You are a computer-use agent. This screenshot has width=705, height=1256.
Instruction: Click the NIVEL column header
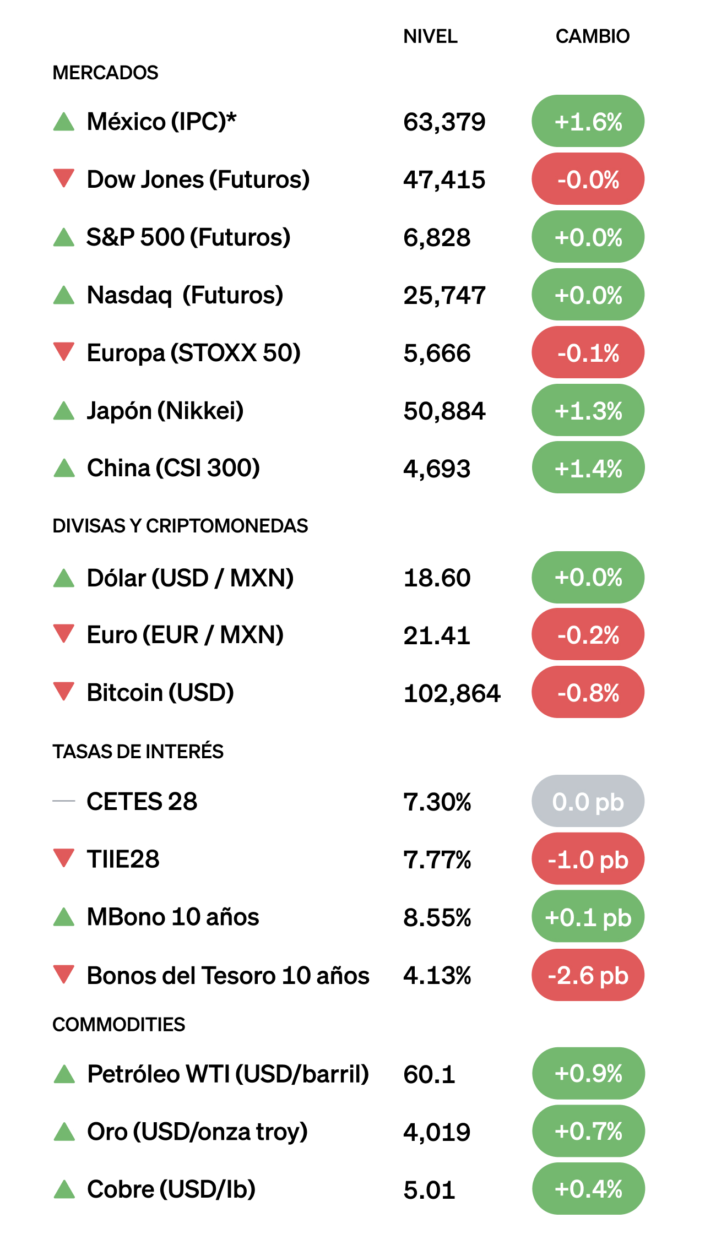click(430, 36)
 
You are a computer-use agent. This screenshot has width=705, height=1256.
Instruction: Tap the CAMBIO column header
click(592, 36)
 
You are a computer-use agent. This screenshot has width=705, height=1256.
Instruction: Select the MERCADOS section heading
click(105, 73)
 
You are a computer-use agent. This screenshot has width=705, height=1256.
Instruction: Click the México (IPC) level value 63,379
click(444, 122)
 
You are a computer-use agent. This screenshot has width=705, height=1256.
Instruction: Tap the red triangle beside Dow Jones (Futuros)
click(64, 178)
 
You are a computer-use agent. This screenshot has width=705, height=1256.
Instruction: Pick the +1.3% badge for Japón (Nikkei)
click(588, 411)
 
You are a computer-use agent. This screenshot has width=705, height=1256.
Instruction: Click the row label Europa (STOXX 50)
click(193, 353)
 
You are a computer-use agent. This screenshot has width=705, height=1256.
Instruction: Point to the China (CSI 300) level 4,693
click(437, 469)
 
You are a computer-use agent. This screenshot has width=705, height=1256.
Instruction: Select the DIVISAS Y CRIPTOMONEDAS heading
click(180, 526)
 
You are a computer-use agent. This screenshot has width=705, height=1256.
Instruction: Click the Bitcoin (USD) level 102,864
click(452, 693)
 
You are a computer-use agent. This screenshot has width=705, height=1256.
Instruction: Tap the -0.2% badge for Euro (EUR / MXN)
click(588, 635)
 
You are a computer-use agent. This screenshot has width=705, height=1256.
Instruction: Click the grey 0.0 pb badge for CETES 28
click(588, 802)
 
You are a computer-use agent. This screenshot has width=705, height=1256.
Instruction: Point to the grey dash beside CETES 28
click(64, 801)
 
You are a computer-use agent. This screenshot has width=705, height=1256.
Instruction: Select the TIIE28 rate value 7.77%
click(437, 860)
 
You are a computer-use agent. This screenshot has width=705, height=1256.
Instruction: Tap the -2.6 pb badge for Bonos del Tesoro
click(588, 975)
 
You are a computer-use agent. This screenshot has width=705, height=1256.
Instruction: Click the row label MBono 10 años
click(173, 917)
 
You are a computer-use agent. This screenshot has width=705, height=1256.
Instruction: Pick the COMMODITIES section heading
click(119, 1024)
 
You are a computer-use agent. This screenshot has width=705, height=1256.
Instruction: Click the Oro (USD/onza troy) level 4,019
click(437, 1132)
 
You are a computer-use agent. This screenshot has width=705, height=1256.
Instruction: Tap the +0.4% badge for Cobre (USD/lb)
click(588, 1189)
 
